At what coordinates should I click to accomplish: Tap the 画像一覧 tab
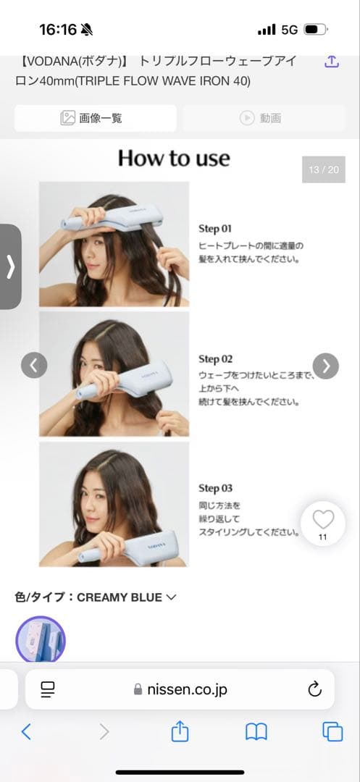(95, 118)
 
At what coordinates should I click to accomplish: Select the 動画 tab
(260, 118)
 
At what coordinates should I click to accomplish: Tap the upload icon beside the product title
(331, 62)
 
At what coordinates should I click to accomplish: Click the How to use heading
(174, 158)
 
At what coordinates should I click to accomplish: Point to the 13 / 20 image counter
(323, 169)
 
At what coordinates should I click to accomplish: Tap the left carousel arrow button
(34, 365)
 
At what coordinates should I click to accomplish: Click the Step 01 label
(215, 229)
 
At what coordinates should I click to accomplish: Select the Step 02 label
(215, 359)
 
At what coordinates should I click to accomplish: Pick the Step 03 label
(215, 489)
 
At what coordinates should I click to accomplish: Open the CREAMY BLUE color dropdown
(171, 597)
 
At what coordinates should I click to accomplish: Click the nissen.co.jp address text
(187, 689)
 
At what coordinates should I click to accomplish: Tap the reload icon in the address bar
(314, 689)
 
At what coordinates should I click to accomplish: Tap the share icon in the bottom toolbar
(180, 732)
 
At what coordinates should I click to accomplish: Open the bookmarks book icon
(256, 732)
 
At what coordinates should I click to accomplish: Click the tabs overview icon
(332, 732)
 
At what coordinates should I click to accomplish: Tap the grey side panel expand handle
(10, 266)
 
